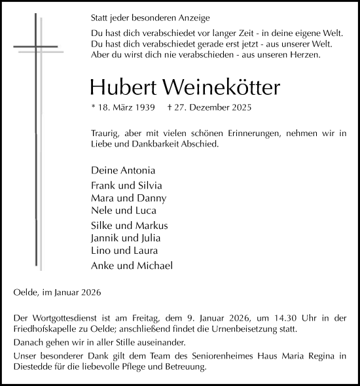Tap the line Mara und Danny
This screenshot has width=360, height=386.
pos(129,198)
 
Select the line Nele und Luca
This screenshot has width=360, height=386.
pos(123,210)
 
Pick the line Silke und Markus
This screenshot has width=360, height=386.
pos(128,226)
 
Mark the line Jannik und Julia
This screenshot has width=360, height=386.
pos(126,238)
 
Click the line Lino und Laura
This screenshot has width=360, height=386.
pos(124,251)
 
